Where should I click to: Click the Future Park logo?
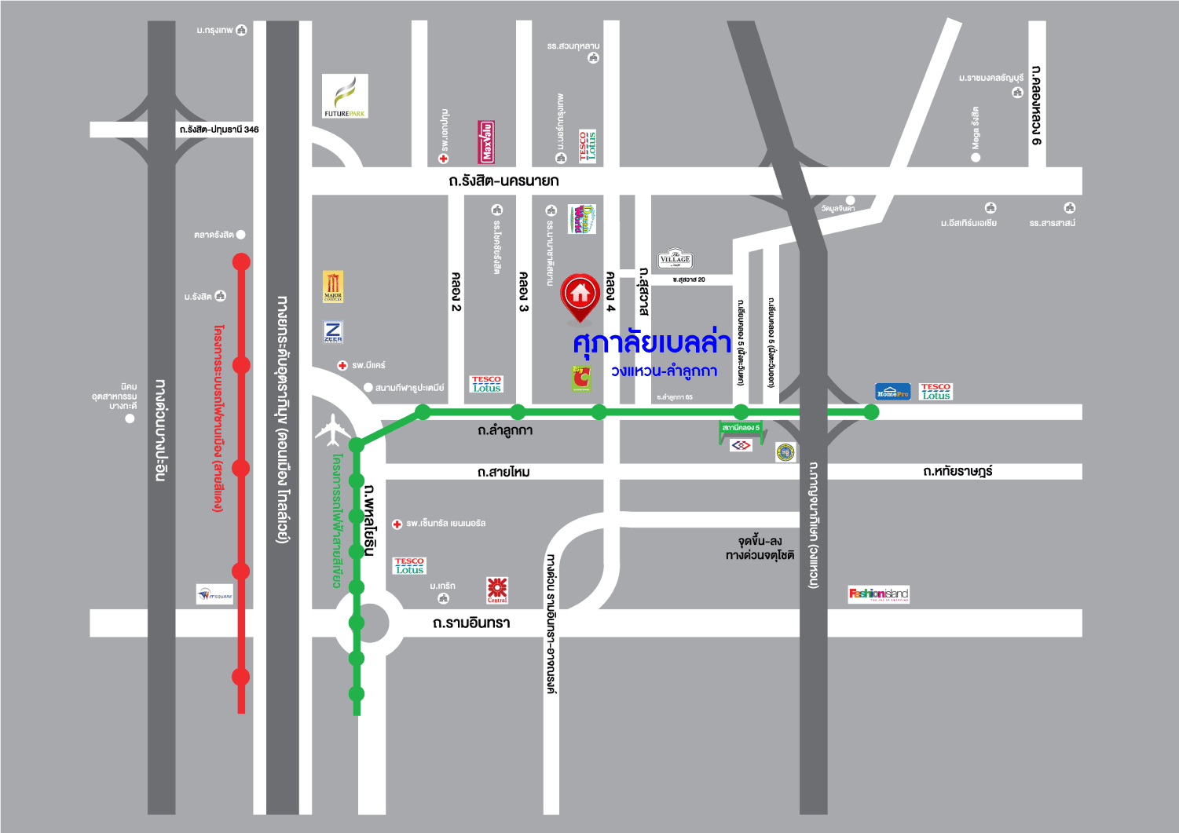coord(345,96)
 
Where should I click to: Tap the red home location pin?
coord(580,297)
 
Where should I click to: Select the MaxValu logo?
coord(486,141)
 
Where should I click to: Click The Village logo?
coord(675,259)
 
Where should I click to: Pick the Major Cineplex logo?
coord(333,287)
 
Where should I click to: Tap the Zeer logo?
coord(333,332)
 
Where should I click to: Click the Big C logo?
coord(580,378)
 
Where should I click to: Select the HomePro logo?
coord(892,392)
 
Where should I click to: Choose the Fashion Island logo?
coord(878,594)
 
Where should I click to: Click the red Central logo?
coord(497,590)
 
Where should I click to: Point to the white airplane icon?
coord(333,429)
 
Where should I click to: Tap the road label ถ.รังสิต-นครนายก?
coord(503,181)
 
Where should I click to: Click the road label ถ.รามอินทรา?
coord(471,623)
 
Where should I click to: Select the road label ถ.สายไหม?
coord(503,472)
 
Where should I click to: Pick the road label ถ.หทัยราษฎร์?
coord(957,471)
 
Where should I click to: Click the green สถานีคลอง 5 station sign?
coord(741,428)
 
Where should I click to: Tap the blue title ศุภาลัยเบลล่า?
coord(652,343)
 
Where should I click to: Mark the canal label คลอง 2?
coord(456,291)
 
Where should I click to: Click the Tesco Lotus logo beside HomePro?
coord(936,391)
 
